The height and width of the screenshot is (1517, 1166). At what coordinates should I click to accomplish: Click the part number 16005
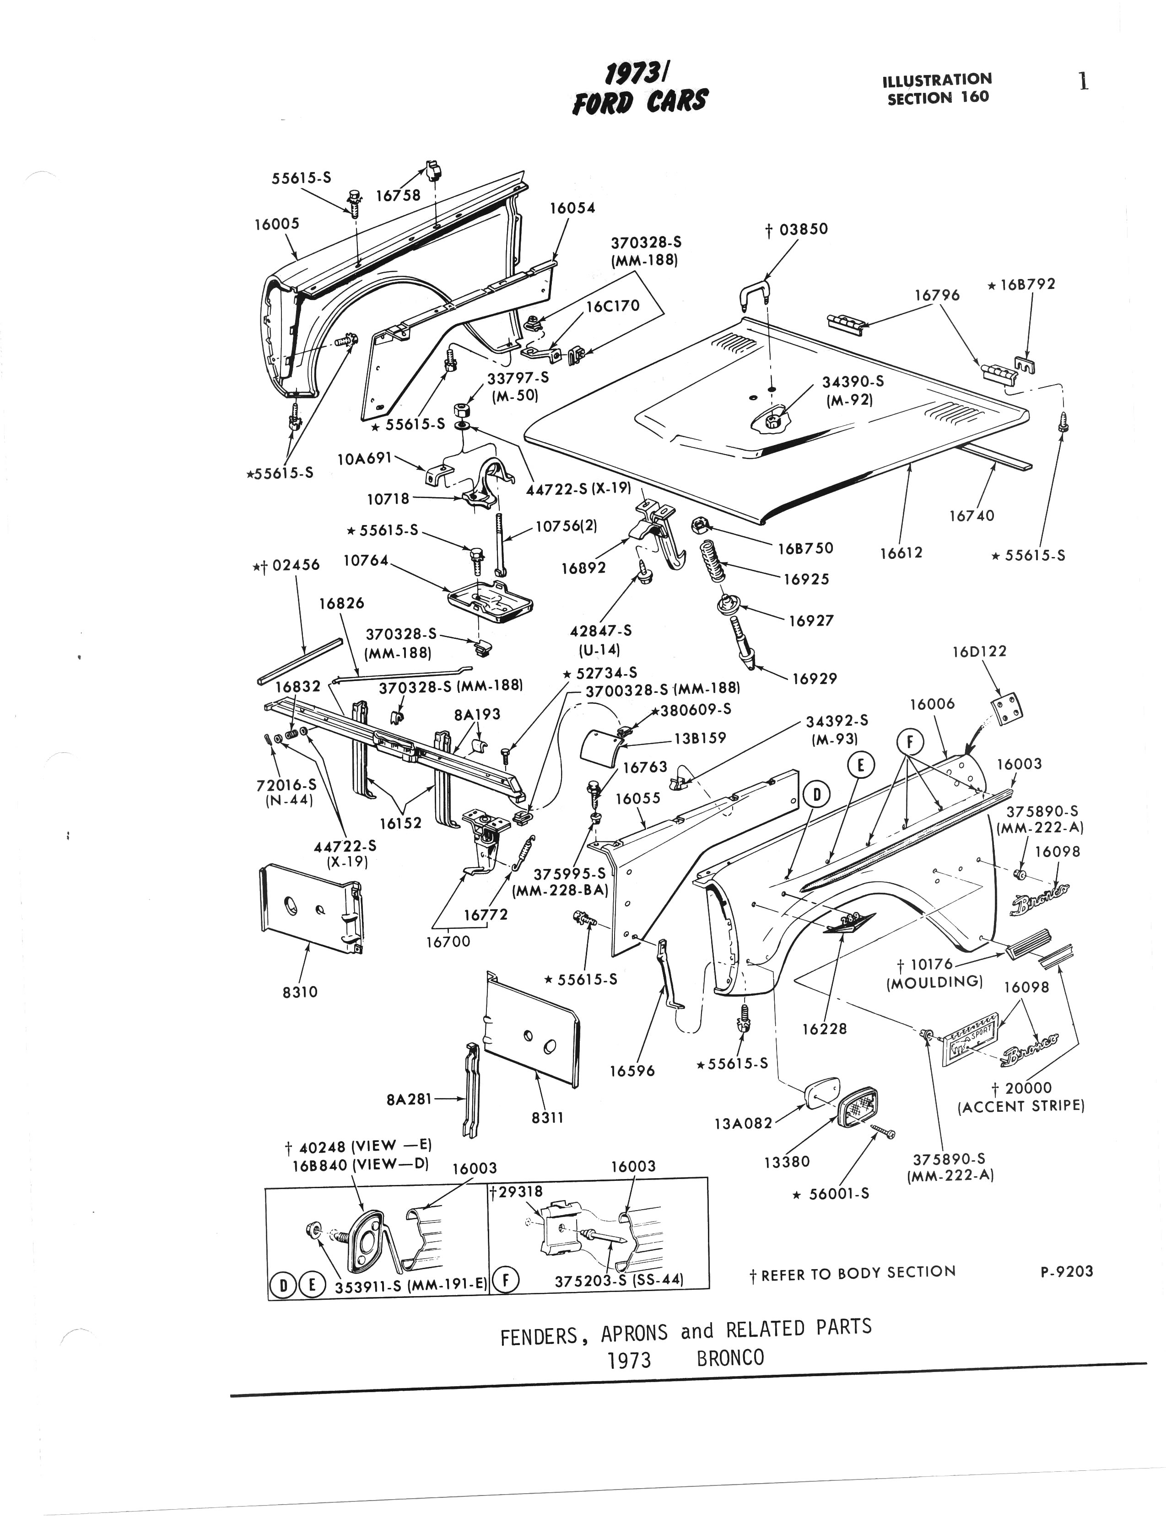tap(276, 224)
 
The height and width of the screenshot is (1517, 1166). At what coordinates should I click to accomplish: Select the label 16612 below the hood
tap(901, 553)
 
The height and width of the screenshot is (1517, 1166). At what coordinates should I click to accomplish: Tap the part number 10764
tap(366, 560)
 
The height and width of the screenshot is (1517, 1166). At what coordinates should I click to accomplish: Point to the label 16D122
tap(978, 651)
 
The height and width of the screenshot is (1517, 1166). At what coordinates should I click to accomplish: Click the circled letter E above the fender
tap(861, 766)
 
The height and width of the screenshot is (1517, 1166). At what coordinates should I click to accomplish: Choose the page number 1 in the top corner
tap(1083, 82)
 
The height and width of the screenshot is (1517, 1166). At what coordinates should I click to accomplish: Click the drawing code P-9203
tap(1067, 1271)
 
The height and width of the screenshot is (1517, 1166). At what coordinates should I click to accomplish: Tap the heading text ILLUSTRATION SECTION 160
tap(937, 89)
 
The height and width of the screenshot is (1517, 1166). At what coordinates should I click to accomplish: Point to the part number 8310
tap(300, 992)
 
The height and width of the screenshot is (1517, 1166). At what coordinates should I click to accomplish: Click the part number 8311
tap(548, 1117)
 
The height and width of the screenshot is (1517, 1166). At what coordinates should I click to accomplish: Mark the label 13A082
tap(743, 1124)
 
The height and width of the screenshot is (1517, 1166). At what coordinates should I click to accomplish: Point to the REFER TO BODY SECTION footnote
tap(858, 1273)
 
